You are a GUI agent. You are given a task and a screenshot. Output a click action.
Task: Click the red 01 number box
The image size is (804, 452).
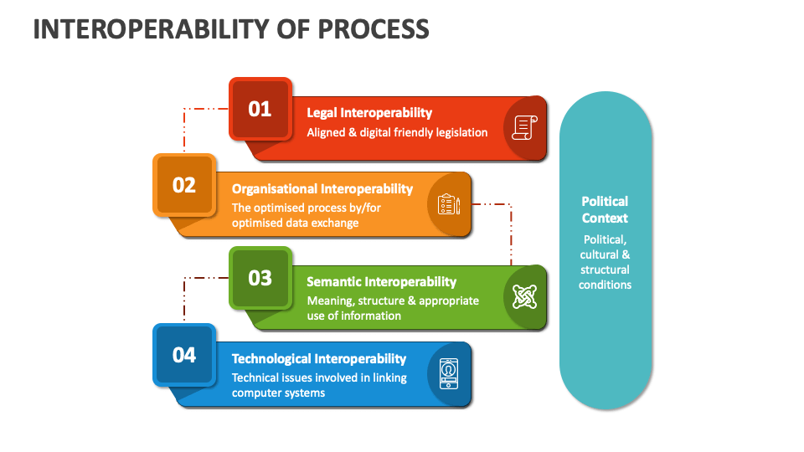click(x=260, y=109)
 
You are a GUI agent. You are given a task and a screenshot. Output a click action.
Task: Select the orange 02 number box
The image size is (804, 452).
click(x=184, y=185)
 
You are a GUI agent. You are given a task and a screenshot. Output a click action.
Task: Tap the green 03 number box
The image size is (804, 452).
click(x=260, y=278)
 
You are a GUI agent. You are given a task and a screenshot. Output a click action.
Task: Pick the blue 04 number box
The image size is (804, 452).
click(x=184, y=355)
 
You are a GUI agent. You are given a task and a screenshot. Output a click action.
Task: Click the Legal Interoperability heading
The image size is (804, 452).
click(x=369, y=112)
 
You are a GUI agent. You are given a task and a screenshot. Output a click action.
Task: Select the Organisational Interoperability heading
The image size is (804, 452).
click(x=322, y=188)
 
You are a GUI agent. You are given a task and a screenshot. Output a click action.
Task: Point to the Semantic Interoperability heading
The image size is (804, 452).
click(x=381, y=282)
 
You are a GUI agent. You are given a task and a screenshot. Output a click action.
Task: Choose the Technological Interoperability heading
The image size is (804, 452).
click(x=319, y=358)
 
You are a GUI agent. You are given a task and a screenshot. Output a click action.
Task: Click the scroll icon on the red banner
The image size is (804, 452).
click(x=524, y=127)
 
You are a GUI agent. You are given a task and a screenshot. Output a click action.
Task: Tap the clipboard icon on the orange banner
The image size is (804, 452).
click(x=449, y=204)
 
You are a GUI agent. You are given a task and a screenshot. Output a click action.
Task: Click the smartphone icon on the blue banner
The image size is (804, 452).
click(x=449, y=373)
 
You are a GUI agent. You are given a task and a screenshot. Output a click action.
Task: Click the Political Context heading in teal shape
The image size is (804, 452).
click(x=605, y=209)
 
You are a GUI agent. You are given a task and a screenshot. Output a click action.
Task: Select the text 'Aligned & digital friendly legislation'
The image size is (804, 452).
click(x=397, y=132)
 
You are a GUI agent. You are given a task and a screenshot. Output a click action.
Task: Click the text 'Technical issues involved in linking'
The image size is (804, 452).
click(x=319, y=378)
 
